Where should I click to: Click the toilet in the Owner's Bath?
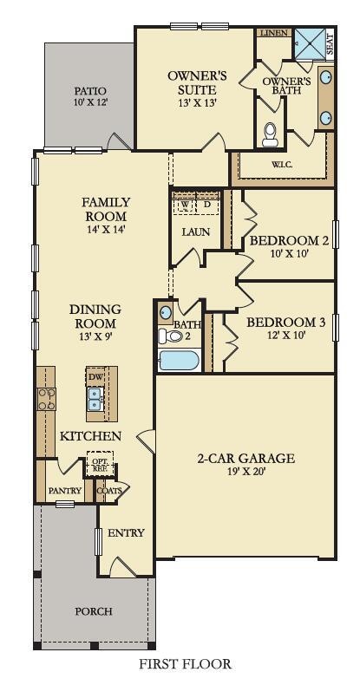[270, 134]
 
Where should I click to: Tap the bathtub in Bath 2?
[179, 361]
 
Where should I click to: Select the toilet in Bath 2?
[171, 336]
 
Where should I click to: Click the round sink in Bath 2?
[166, 313]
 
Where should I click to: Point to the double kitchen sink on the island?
[95, 399]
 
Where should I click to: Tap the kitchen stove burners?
[46, 399]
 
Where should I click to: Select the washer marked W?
[185, 205]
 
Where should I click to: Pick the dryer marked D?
[207, 205]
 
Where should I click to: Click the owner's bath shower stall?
[309, 42]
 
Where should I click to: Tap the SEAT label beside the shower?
[331, 45]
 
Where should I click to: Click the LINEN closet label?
[273, 33]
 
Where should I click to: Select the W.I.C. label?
[282, 165]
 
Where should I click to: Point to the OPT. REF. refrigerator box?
[100, 464]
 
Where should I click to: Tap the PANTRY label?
[65, 491]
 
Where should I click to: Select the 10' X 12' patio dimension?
[90, 103]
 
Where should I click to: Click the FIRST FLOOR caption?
[185, 664]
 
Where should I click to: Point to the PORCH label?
[94, 611]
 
